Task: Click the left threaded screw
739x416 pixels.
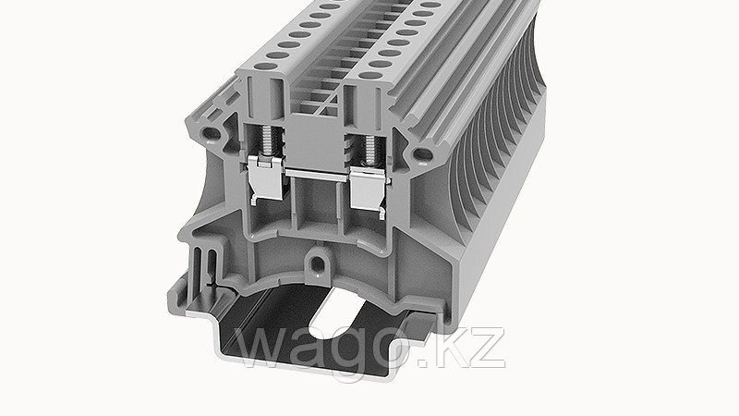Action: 267,141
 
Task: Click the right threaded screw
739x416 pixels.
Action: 369,150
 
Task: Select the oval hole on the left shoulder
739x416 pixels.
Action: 212,134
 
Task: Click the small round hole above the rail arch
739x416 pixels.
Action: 318,263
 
